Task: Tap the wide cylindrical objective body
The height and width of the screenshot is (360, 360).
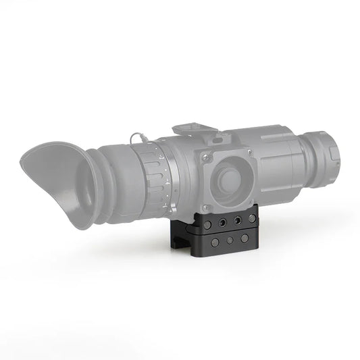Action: pos(284,162)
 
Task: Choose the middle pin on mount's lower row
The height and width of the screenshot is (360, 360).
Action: pos(230,240)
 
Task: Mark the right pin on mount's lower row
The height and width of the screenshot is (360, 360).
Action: pos(244,238)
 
